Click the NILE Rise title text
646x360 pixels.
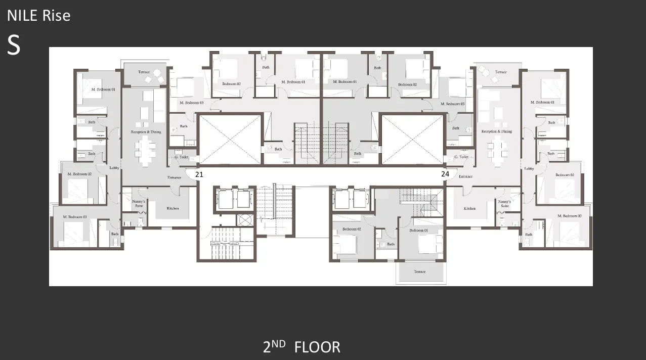38,16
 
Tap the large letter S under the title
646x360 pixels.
14,46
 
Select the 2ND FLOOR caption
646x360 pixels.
302,347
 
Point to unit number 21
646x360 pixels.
199,174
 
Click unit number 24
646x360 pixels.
445,174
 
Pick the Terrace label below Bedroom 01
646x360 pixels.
419,272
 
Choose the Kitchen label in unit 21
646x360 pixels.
173,208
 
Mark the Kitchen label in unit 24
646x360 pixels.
469,208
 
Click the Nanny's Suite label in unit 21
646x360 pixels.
139,204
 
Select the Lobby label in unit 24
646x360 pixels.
529,168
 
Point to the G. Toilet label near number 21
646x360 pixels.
181,157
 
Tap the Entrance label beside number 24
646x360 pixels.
465,176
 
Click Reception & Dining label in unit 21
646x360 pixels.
146,131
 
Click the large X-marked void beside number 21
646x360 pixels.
231,139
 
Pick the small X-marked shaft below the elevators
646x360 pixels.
245,220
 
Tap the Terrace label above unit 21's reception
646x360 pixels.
144,72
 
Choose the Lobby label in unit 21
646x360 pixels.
114,168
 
